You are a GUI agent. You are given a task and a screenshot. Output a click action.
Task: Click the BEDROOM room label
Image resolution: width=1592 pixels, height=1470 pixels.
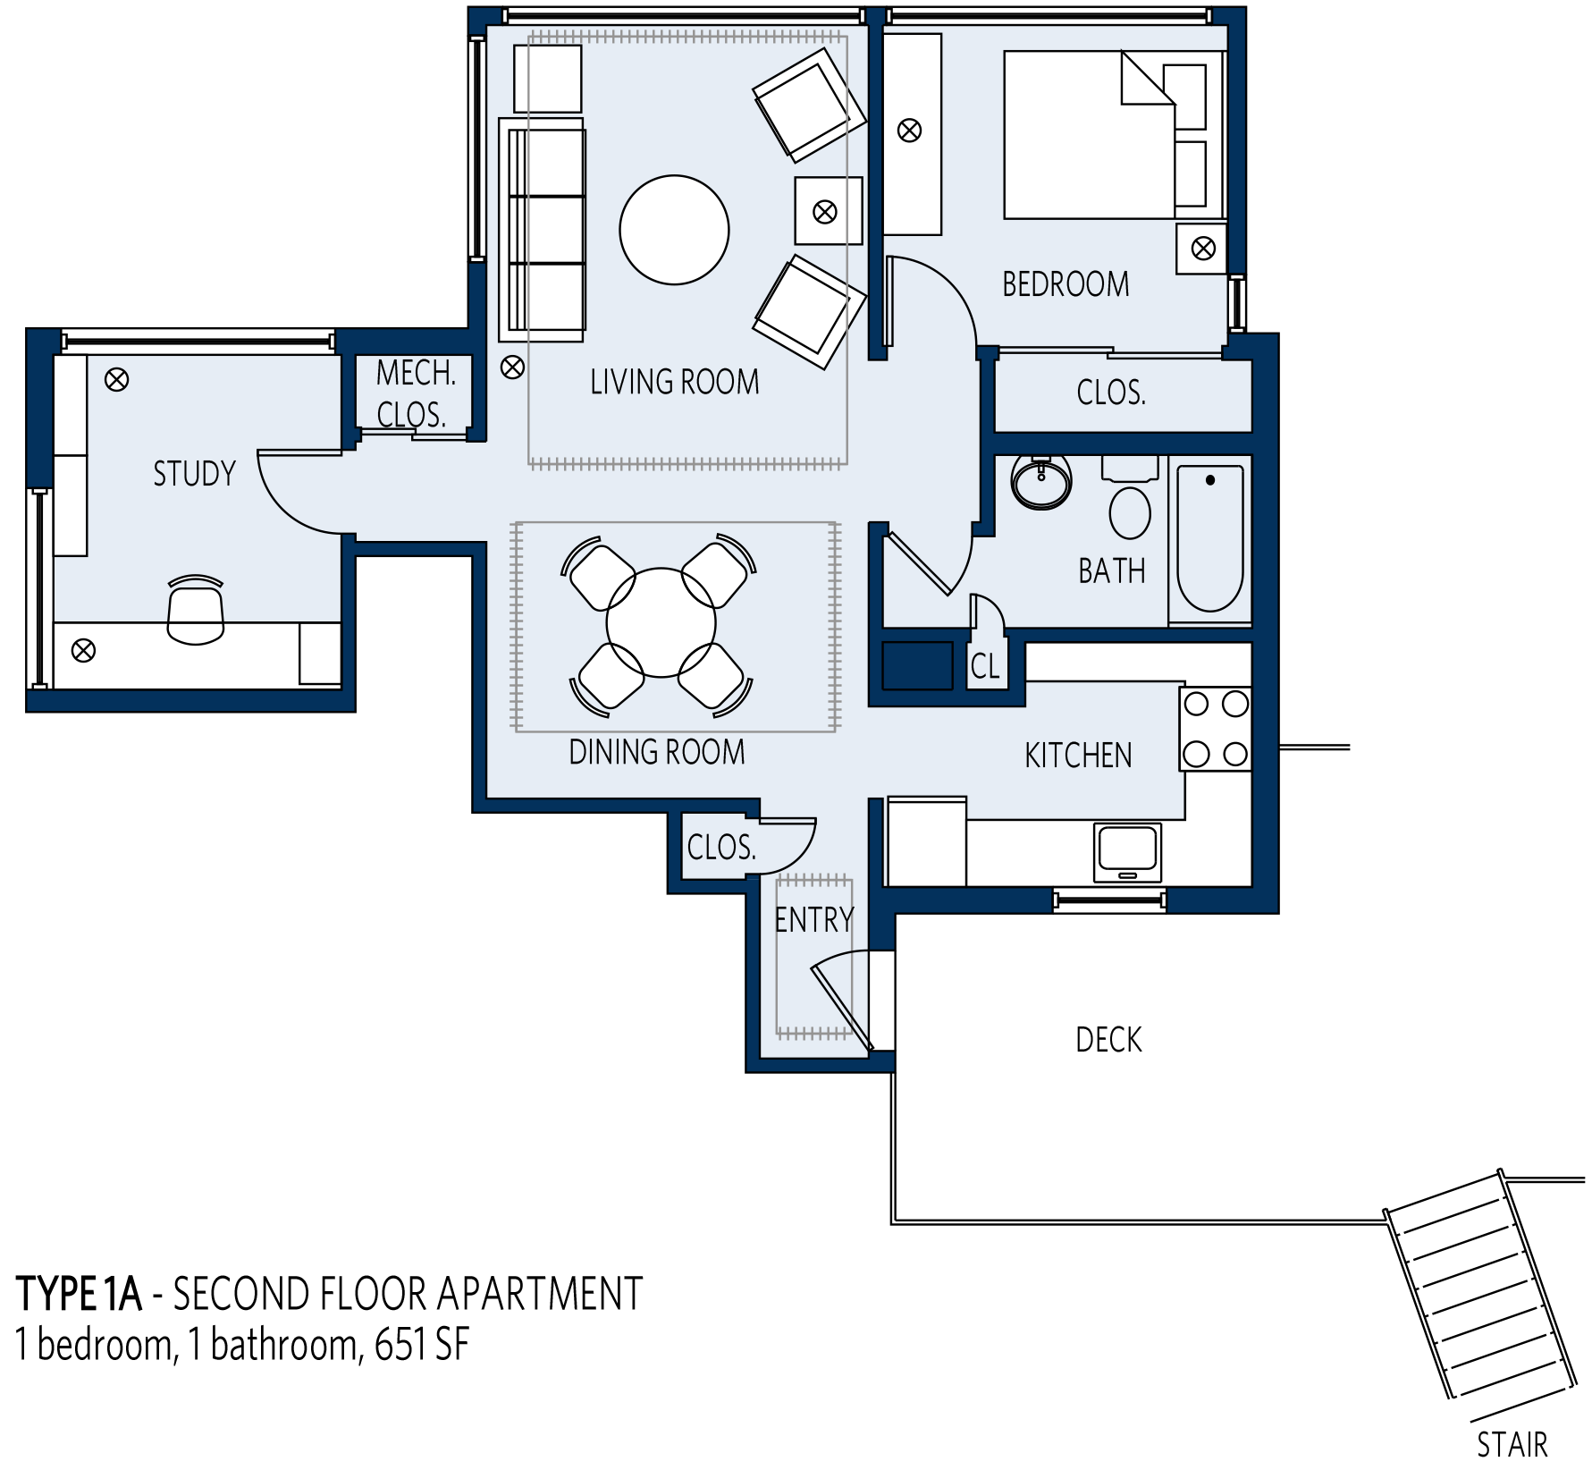pyautogui.click(x=1066, y=284)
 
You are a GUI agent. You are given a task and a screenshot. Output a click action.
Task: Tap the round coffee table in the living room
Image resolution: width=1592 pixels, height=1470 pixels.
pyautogui.click(x=674, y=230)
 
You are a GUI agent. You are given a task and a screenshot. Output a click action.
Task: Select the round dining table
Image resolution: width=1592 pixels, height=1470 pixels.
pyautogui.click(x=661, y=622)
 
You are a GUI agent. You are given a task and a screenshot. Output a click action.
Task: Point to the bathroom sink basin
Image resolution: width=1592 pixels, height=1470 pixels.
pyautogui.click(x=1041, y=482)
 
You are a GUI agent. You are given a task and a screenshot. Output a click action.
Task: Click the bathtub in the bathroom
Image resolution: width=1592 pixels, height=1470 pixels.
pyautogui.click(x=1209, y=539)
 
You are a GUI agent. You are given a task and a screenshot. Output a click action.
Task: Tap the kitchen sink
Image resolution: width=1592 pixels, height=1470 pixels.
pyautogui.click(x=1127, y=851)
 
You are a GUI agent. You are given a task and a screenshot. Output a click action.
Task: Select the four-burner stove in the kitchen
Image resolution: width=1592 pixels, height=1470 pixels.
pyautogui.click(x=1215, y=729)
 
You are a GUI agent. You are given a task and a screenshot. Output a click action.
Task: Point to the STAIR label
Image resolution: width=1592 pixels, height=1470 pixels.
pyautogui.click(x=1512, y=1444)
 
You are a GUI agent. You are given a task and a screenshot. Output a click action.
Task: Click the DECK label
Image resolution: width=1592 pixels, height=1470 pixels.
pyautogui.click(x=1108, y=1040)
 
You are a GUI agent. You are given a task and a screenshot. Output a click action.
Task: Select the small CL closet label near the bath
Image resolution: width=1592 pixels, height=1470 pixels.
pyautogui.click(x=985, y=666)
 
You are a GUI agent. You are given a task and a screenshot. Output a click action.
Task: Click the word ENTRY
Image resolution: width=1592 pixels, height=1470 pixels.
pyautogui.click(x=813, y=919)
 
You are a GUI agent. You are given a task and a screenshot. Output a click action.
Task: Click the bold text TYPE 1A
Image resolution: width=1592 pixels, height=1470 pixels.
pyautogui.click(x=80, y=1294)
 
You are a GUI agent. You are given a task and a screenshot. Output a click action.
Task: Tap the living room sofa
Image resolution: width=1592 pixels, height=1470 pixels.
pyautogui.click(x=542, y=230)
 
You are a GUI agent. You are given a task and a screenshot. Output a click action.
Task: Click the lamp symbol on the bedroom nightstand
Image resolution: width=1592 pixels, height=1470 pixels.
pyautogui.click(x=1203, y=248)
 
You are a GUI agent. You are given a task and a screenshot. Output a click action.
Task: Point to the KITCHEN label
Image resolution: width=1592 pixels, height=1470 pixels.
pyautogui.click(x=1078, y=756)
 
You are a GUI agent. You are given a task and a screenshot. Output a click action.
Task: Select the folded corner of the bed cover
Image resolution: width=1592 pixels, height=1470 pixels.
pyautogui.click(x=1147, y=79)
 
